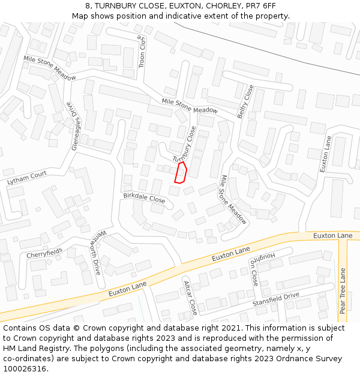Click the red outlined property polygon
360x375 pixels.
point(181,172)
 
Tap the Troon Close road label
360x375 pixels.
point(143,50)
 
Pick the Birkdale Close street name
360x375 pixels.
point(144,197)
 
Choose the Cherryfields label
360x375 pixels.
point(45,254)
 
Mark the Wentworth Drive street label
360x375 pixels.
point(96,251)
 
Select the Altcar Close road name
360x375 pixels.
point(190,297)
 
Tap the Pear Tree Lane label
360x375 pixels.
point(343,291)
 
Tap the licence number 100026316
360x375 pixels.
point(26,368)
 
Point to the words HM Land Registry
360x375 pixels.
point(33,349)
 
